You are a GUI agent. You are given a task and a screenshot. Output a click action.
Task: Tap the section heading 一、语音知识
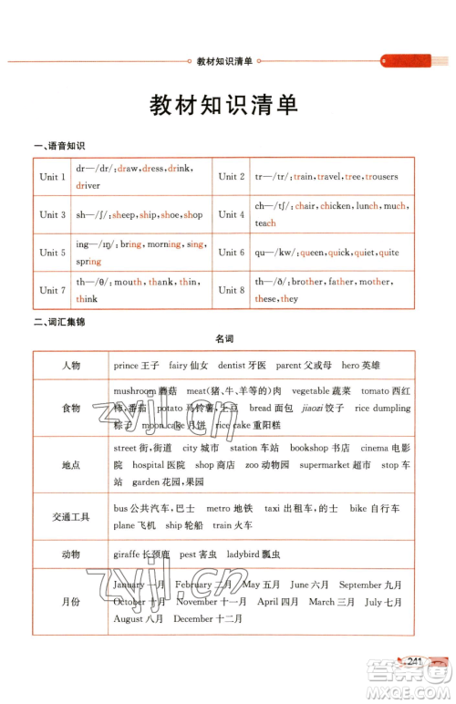tap(58, 146)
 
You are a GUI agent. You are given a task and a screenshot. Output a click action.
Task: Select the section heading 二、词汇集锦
tap(58, 321)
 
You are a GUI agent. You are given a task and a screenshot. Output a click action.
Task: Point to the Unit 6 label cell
tap(232, 253)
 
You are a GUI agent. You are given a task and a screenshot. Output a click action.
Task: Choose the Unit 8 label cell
tap(232, 291)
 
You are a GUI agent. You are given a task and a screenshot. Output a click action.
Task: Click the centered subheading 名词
tap(224, 339)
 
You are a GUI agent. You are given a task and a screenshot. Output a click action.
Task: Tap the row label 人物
tap(71, 366)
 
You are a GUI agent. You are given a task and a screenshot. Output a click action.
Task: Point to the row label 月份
tap(71, 602)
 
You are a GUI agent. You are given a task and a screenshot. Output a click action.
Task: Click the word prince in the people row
tap(127, 366)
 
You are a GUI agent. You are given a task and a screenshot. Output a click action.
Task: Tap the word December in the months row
tap(194, 619)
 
